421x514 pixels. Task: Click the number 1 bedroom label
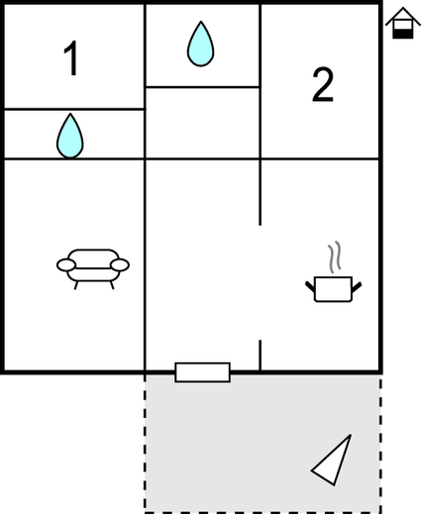(x=71, y=58)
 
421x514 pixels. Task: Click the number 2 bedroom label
(x=323, y=85)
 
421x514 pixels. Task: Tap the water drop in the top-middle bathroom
(x=200, y=44)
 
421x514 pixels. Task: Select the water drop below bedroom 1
(x=70, y=136)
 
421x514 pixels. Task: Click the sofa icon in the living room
(x=93, y=268)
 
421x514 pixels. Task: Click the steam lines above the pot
(x=334, y=257)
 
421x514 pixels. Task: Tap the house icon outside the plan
(x=403, y=23)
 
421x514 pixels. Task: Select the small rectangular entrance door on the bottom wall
(x=202, y=372)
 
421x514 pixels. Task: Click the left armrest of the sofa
(x=66, y=264)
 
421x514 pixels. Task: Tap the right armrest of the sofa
(x=120, y=264)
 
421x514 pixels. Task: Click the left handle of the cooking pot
(x=310, y=286)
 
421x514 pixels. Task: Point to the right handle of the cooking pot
(x=357, y=286)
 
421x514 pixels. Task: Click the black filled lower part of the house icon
(x=403, y=34)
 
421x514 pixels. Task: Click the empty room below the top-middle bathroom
(x=202, y=123)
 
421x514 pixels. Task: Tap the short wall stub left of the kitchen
(x=261, y=356)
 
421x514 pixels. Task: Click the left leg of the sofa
(x=76, y=285)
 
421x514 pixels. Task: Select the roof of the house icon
(x=403, y=16)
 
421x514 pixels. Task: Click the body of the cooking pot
(x=333, y=289)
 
